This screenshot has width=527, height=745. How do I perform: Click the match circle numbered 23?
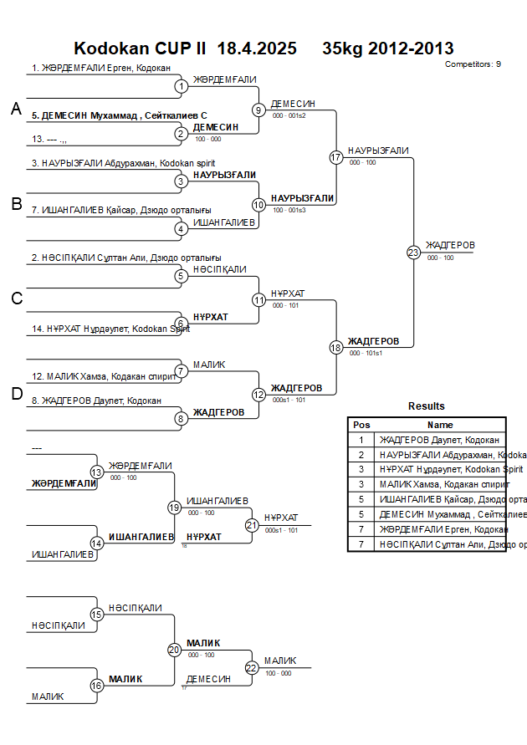tap(413, 252)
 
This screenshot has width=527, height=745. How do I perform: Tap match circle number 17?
tap(336, 157)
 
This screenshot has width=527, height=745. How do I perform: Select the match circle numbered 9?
tap(258, 110)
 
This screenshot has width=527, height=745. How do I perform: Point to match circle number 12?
tap(258, 395)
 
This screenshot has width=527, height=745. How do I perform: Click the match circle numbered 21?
tap(252, 525)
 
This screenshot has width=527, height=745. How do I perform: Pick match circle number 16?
tap(97, 686)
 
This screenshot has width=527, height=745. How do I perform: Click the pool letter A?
tap(16, 109)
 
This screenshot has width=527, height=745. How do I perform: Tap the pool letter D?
tap(16, 394)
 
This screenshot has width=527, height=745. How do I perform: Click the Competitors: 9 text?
tap(473, 64)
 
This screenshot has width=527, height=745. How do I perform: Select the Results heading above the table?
tap(427, 406)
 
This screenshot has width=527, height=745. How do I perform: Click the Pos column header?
tap(361, 425)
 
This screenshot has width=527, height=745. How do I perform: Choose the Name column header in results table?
tap(441, 425)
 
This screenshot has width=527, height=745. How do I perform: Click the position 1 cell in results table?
tap(361, 439)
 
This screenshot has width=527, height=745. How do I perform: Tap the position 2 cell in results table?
tap(361, 454)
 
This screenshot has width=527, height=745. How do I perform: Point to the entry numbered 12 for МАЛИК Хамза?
tap(105, 377)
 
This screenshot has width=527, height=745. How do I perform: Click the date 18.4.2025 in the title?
tap(257, 48)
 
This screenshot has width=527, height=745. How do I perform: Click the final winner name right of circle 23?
tap(450, 245)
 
